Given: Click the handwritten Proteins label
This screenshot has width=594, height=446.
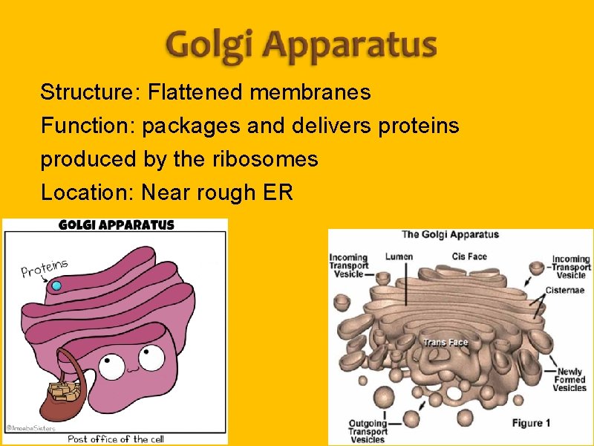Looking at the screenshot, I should pos(45,268).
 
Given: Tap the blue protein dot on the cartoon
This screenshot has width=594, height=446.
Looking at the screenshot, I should pos(56,285).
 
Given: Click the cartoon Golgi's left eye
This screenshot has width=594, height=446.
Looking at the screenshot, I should pos(113,365).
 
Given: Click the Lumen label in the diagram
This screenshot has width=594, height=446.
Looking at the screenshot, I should pos(399,257).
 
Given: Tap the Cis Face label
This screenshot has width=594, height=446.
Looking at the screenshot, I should pos(469,257).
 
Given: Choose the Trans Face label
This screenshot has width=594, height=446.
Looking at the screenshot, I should pos(446,343).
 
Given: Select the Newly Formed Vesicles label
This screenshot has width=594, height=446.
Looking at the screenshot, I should pos(569,380).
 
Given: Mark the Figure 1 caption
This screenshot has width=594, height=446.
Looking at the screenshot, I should pos(532,423).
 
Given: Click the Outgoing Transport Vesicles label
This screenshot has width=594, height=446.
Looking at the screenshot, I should pos(368,432).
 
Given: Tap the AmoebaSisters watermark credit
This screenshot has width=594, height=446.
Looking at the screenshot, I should pos(25,427).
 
